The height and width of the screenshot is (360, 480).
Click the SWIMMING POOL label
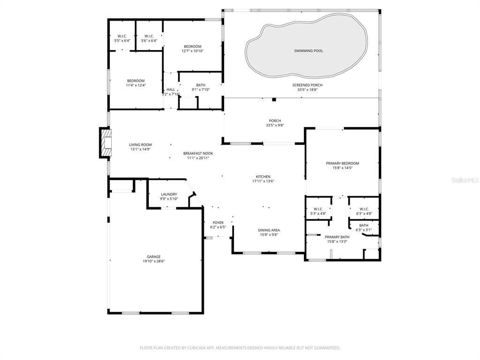pos(308,51)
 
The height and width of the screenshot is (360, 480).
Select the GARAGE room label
pos(153,256)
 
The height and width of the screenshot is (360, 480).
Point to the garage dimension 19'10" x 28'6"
pos(153,261)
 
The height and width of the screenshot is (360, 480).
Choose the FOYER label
pos(218,223)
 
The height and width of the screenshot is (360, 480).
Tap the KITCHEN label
pos(263,177)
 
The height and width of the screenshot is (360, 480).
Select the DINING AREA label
pos(269,230)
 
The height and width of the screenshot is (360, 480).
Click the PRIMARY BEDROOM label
pos(342,163)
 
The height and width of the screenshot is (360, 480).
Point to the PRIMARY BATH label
pos(337,237)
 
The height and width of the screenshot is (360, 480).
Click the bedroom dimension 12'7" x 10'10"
pos(192,51)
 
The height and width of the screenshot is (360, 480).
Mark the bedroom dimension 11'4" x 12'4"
pos(135,85)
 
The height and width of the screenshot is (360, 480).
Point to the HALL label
pos(171,90)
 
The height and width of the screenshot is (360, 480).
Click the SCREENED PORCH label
pos(307,85)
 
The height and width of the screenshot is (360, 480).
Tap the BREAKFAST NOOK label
pos(196,153)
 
